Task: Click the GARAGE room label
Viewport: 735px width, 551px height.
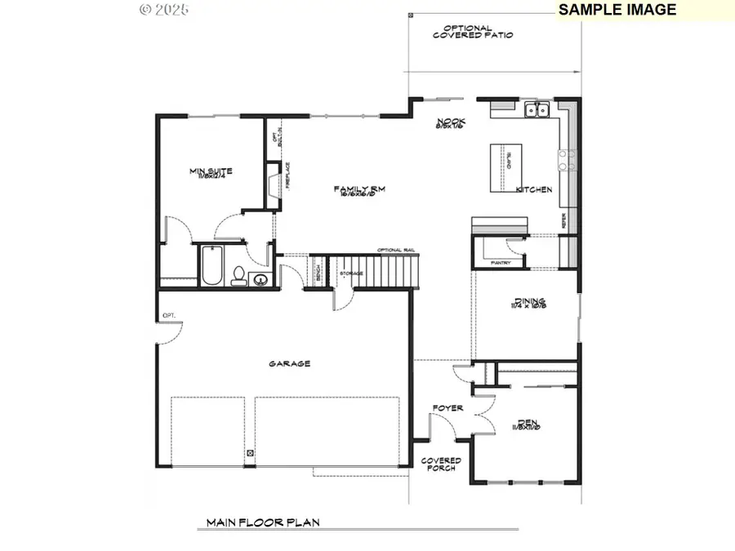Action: click(290, 364)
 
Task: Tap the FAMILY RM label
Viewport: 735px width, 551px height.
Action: click(359, 190)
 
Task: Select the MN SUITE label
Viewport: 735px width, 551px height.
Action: click(211, 172)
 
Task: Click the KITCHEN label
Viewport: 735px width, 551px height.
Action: click(534, 189)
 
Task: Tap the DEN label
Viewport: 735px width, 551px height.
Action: click(527, 423)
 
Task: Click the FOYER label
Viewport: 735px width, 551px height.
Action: click(448, 408)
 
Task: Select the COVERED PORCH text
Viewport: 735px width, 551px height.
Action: click(441, 464)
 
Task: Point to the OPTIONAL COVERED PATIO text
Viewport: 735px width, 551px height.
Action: click(473, 32)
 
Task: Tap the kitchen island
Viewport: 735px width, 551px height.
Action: click(503, 167)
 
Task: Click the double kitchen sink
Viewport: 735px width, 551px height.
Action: click(537, 109)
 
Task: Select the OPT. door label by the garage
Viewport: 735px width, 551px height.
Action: click(169, 314)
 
